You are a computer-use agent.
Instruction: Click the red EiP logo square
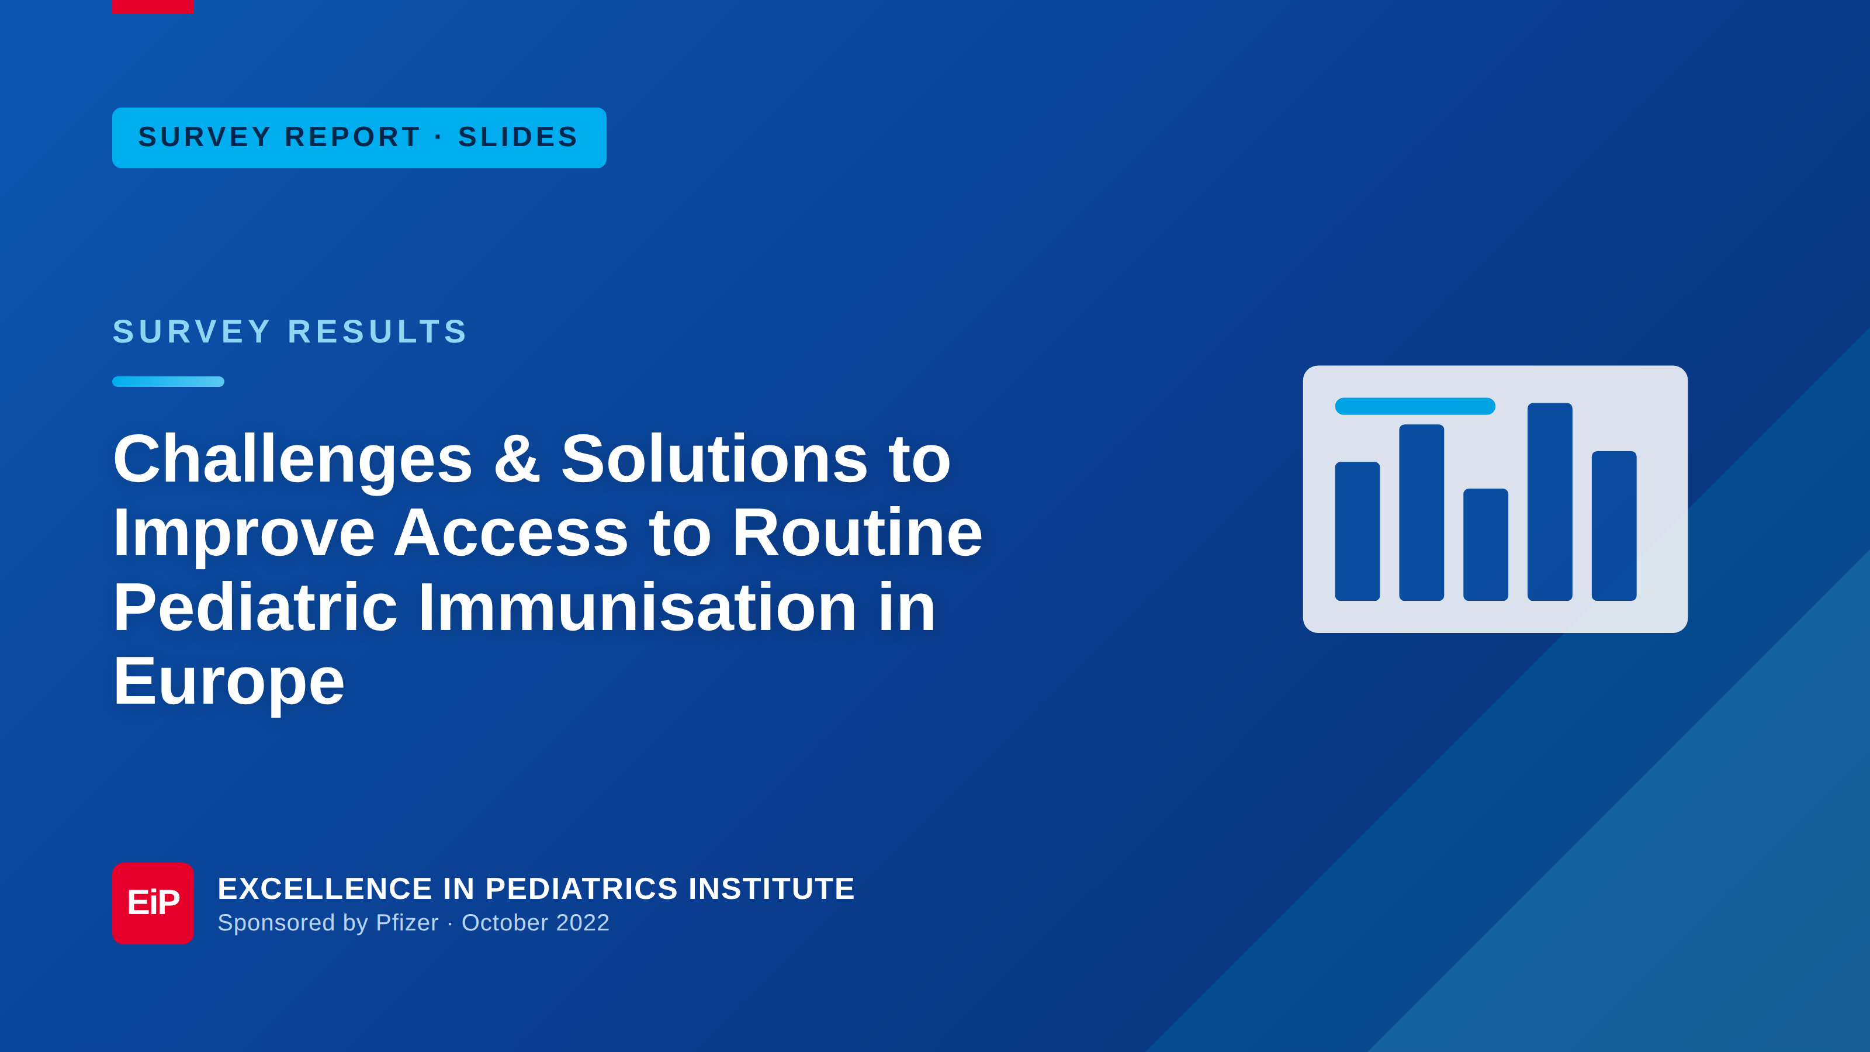153,903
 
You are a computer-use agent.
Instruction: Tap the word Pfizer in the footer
407,923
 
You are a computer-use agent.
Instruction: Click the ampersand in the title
517,459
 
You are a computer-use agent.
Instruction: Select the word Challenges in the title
293,461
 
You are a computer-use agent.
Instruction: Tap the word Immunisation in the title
638,608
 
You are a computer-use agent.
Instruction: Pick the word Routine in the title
857,533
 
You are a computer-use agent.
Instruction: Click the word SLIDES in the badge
518,137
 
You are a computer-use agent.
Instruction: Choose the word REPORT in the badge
353,137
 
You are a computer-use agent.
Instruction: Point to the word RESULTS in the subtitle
378,332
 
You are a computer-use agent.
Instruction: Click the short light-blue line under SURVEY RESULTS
168,382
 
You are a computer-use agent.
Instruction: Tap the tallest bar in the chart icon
1550,501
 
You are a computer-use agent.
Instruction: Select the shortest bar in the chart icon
1486,545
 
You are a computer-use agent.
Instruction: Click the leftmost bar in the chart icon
1358,531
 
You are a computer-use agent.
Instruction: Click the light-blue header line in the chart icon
1415,407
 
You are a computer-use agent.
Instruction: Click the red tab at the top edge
153,6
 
